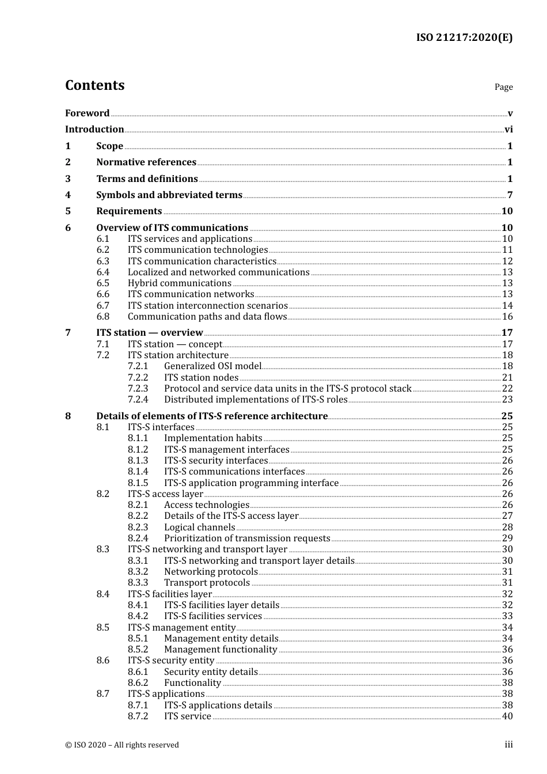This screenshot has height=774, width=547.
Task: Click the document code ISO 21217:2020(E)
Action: [x=464, y=38]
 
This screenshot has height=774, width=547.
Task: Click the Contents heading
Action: [x=94, y=85]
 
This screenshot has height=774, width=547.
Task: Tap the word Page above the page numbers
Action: [x=503, y=87]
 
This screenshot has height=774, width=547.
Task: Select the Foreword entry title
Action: [x=87, y=113]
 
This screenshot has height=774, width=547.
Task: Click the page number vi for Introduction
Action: [x=508, y=130]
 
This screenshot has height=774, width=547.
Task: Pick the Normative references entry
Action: [x=146, y=162]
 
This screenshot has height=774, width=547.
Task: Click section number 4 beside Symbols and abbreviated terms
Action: [x=68, y=195]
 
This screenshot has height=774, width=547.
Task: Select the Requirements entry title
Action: [x=129, y=211]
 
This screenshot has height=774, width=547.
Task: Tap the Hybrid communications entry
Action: [x=179, y=283]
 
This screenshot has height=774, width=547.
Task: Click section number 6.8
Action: [x=103, y=317]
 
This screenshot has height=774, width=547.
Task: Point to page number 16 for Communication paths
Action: [x=507, y=317]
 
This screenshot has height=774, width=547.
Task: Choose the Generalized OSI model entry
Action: [x=212, y=366]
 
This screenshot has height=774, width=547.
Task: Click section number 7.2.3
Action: [x=138, y=389]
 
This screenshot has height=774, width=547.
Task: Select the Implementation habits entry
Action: [x=213, y=438]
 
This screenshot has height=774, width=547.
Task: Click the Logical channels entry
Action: [x=199, y=528]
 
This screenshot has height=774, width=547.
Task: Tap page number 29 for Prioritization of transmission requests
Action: [x=507, y=538]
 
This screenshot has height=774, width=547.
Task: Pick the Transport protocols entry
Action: [x=207, y=583]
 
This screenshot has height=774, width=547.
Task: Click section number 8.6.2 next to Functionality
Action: [x=138, y=683]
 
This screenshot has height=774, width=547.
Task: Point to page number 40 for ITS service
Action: [x=507, y=716]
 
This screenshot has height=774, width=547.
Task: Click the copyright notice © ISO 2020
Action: [x=122, y=745]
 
